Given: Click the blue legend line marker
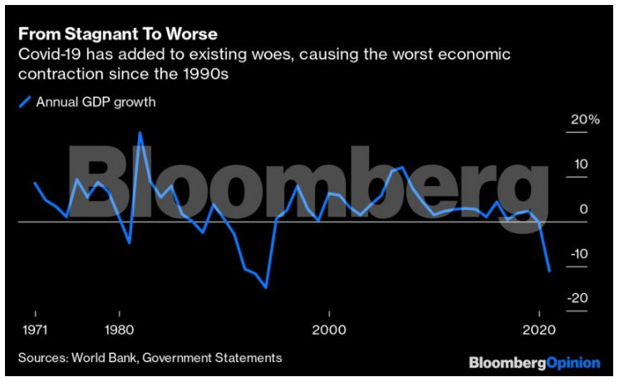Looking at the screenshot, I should [x=25, y=103].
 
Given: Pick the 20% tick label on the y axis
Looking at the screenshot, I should [x=583, y=120].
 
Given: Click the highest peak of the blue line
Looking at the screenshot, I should [x=140, y=133].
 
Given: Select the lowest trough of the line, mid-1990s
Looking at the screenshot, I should [x=266, y=287].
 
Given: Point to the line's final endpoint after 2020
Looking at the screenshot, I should [x=549, y=271].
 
